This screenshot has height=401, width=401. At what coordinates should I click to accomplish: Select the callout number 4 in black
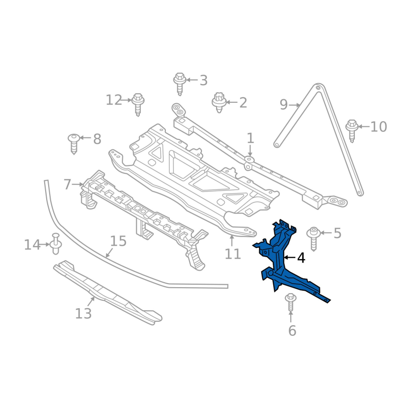click(x=301, y=258)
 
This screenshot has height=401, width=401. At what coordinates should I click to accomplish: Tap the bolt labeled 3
click(x=179, y=84)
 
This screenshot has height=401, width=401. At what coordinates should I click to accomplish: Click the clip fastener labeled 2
click(x=219, y=103)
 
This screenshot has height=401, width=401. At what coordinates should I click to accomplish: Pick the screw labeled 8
click(x=74, y=144)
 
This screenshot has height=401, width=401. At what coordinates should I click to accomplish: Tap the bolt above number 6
click(x=291, y=303)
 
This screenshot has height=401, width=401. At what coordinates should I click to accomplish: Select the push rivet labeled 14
click(x=56, y=244)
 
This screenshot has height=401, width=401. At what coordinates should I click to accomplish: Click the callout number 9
click(x=284, y=104)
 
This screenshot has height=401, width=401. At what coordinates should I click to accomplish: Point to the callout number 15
click(x=118, y=241)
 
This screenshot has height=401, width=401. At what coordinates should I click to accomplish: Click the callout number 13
click(x=83, y=313)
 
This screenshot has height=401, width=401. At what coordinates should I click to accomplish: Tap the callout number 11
click(x=233, y=254)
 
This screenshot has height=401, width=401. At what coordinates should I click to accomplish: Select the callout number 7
click(x=67, y=184)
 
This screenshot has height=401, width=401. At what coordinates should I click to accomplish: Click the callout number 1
click(x=250, y=138)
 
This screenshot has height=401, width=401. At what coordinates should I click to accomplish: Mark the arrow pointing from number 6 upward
click(x=291, y=317)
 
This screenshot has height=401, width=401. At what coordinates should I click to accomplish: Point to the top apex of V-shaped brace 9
click(x=318, y=87)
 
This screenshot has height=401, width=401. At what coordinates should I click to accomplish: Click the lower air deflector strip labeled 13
click(x=107, y=293)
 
